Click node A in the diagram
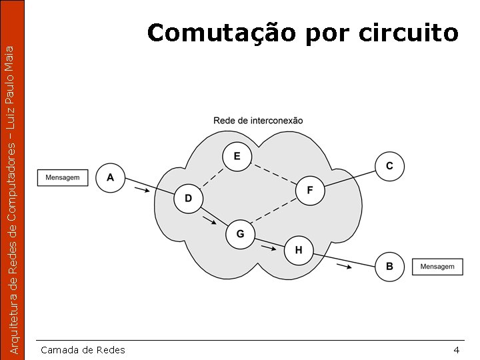pos(110,178)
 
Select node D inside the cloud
pos(188,199)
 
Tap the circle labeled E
pos(237,157)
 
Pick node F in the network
pos(309,191)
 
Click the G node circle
pos(240,234)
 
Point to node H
pos(298,250)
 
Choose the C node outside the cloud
pos(389,165)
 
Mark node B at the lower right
pos(389,267)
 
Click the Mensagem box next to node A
pos(63,178)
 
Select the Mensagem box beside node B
pos(437,267)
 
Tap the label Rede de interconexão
pos(258,121)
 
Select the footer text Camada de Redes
pos(83,350)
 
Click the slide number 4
pos(456,350)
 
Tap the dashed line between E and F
pos(273,174)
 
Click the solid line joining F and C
pos(349,178)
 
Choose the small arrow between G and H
pos(268,249)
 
